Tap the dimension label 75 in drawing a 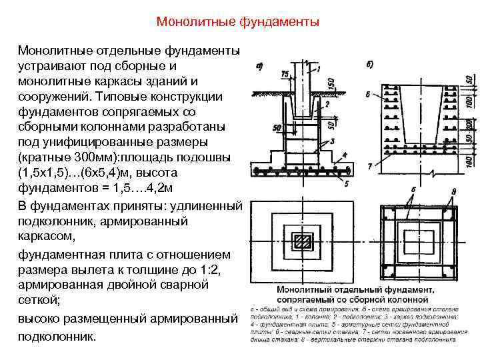tap(285, 73)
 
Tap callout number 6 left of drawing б tap(367, 94)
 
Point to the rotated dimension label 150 tap(331, 82)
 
